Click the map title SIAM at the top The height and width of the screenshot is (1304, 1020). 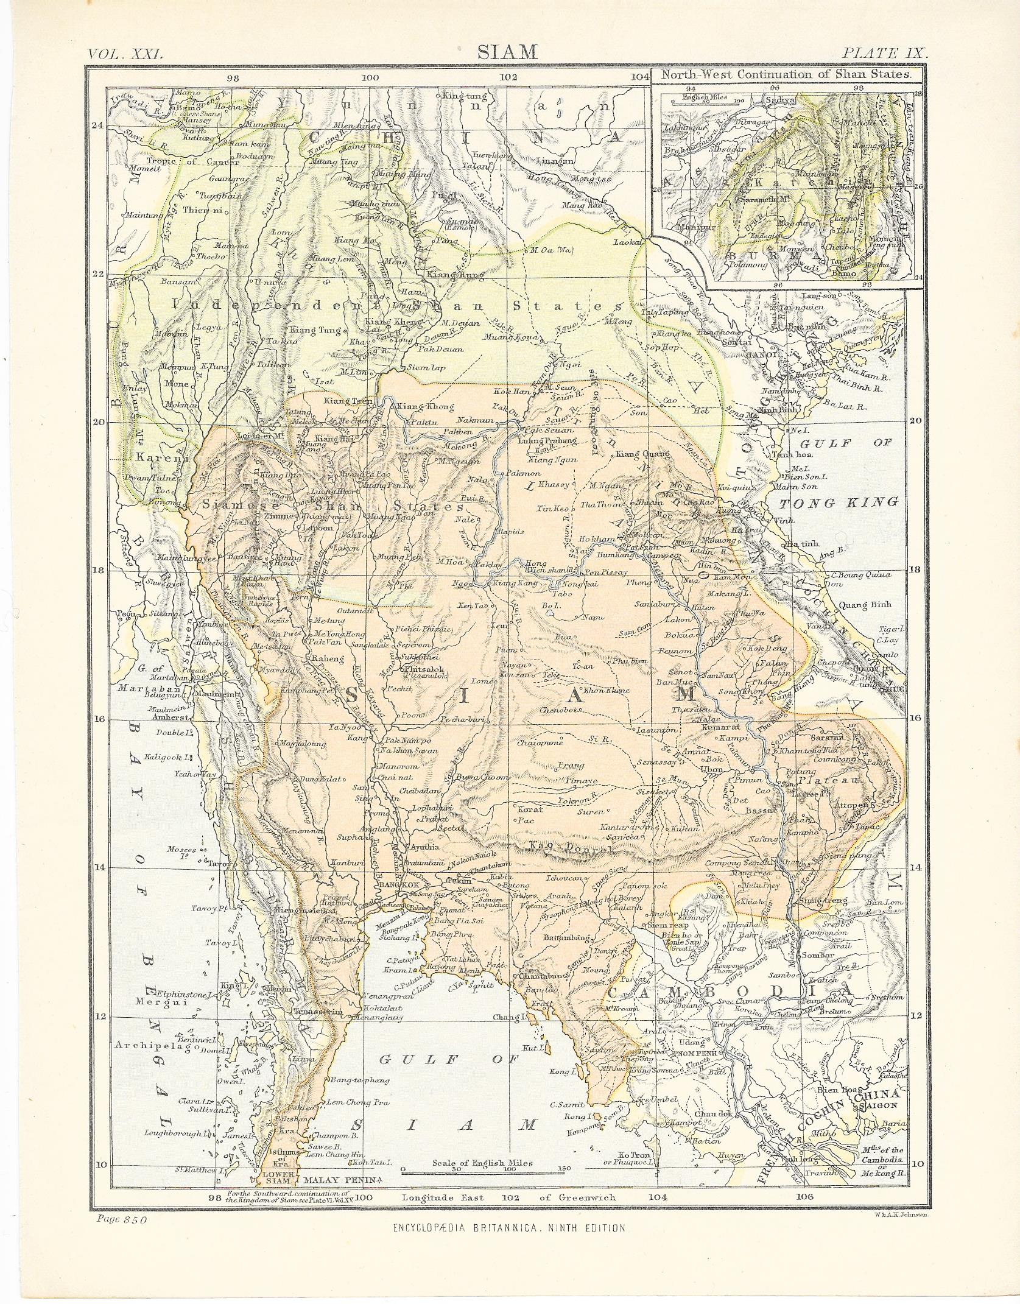click(507, 52)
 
